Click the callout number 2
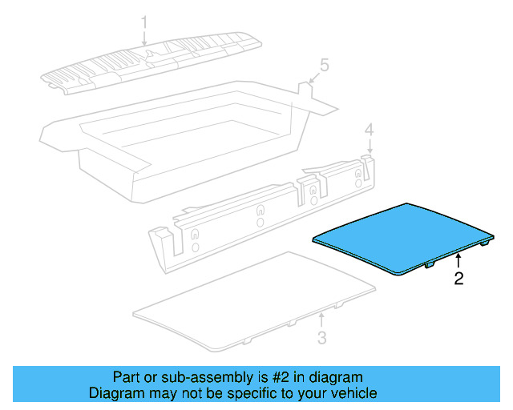tap(458, 279)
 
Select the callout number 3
tap(321, 338)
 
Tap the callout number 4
tap(369, 130)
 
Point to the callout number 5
tap(324, 64)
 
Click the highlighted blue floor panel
tap(401, 235)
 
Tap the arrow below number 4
tap(370, 147)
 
